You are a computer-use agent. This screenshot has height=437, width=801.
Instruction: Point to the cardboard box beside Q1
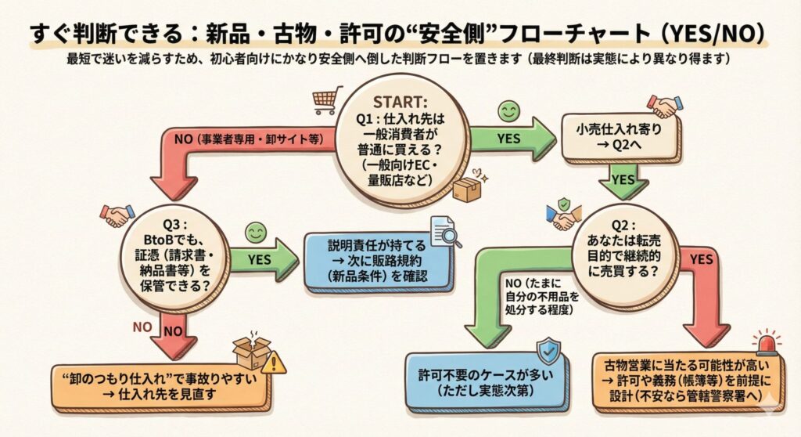pyautogui.click(x=467, y=188)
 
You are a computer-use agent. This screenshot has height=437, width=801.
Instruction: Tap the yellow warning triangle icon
pyautogui.click(x=274, y=363)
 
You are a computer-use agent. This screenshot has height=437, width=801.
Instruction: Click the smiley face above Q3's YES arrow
pyautogui.click(x=253, y=232)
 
